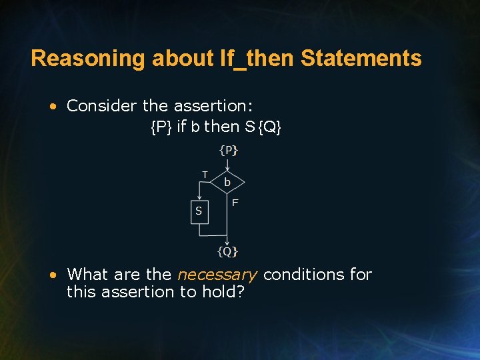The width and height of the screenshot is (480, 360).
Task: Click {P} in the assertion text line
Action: click(x=161, y=127)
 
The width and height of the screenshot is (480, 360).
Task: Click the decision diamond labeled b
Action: click(x=228, y=181)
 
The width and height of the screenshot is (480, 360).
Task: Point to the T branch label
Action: click(x=205, y=174)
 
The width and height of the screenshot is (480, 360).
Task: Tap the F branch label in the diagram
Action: click(x=235, y=202)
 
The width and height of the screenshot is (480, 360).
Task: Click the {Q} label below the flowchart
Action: click(x=228, y=251)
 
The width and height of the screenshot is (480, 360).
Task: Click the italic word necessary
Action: click(x=217, y=275)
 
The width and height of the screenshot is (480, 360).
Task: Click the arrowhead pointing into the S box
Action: click(x=199, y=198)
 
